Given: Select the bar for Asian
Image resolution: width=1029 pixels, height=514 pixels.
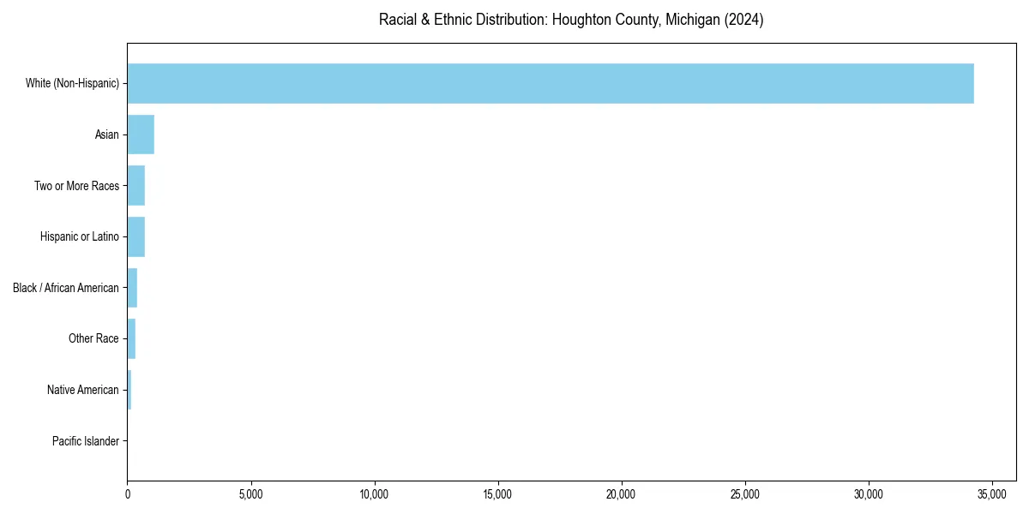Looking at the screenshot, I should click(141, 134).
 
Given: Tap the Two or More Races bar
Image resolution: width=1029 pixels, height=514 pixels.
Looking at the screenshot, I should click(136, 185).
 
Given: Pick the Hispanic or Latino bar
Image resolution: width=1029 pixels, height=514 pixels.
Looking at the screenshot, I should click(136, 236).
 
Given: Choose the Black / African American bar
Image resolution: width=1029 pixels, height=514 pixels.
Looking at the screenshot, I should click(132, 288).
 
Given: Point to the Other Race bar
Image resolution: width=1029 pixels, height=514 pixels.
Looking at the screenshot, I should click(131, 338).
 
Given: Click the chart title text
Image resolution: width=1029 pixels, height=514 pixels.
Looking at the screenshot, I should click(571, 20).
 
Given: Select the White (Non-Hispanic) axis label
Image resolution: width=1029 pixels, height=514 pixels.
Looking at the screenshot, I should click(72, 83).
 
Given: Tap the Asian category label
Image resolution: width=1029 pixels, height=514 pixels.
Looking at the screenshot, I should click(107, 134).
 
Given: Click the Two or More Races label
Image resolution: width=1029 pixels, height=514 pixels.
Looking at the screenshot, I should click(76, 185).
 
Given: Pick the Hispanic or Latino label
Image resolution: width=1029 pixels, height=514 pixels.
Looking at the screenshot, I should click(80, 236).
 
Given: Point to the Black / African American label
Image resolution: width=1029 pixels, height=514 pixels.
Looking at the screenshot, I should click(66, 288).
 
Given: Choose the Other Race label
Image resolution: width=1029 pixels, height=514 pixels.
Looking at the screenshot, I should click(93, 338).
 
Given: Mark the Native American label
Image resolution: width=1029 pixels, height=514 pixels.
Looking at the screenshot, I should click(83, 390).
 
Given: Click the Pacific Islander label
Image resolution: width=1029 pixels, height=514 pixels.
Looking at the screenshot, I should click(86, 441).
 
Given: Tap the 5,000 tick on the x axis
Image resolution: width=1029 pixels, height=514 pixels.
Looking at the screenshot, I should click(251, 494).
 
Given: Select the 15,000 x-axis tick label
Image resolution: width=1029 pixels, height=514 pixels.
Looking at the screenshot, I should click(498, 494).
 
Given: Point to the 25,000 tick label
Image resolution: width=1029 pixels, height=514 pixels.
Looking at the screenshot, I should click(745, 494).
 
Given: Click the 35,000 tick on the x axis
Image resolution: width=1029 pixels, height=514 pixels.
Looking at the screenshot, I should click(992, 494).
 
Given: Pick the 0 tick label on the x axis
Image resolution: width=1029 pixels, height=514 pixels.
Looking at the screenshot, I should click(128, 494).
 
